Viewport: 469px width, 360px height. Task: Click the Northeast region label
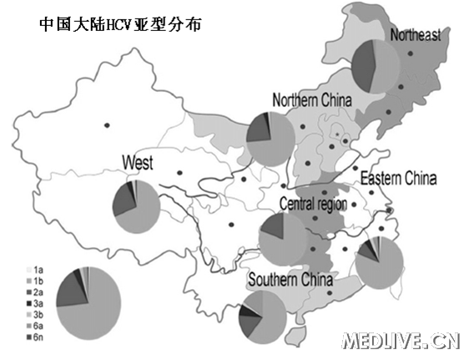(415, 34)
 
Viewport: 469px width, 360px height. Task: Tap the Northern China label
(312, 101)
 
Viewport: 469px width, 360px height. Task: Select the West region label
(136, 162)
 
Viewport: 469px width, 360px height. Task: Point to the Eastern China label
(398, 178)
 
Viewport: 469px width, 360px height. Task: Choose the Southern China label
(290, 280)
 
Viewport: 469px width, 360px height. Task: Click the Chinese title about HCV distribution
(122, 24)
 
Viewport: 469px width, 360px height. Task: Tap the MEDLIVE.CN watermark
(401, 341)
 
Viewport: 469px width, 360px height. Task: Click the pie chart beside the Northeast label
(376, 66)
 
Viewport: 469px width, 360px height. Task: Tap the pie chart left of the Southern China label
(261, 319)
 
